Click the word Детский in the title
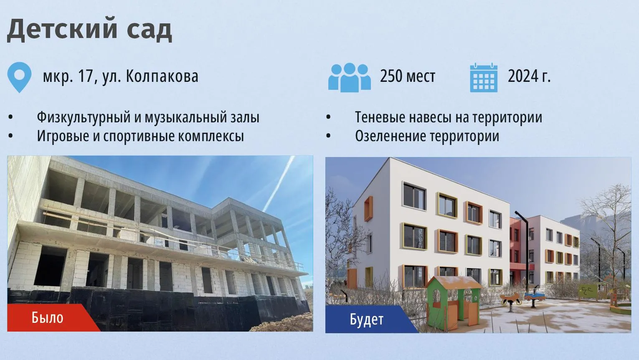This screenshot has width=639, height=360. click(62, 29)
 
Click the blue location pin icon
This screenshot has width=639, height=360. click(19, 77)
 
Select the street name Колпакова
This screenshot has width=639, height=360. click(162, 76)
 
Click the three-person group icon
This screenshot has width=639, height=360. click(350, 77)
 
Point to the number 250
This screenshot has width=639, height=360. click(391, 76)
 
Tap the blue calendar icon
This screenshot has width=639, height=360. click(484, 78)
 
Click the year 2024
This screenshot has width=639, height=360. click(524, 76)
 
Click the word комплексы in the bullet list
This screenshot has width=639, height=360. click(211, 136)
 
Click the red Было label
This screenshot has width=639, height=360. click(47, 317)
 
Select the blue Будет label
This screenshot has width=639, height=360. click(367, 319)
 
